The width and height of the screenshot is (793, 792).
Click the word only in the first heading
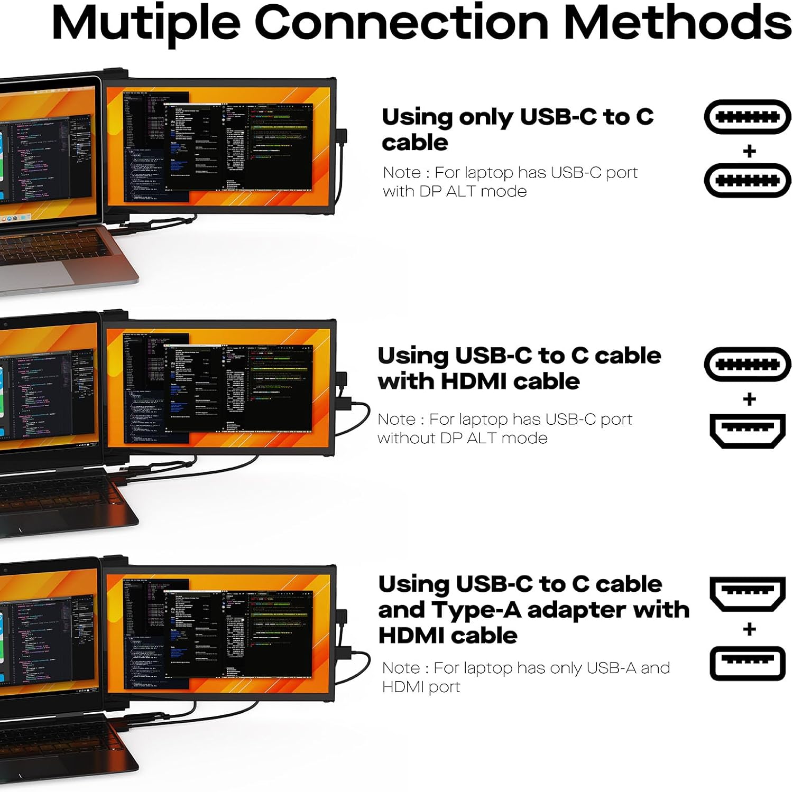tap(486, 117)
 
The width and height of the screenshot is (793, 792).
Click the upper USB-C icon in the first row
tap(747, 117)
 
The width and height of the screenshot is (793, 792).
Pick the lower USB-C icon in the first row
tap(747, 181)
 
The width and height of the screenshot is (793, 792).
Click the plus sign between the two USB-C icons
tap(749, 152)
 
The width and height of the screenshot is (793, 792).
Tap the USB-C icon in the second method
tap(747, 364)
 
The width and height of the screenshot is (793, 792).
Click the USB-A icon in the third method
tap(747, 663)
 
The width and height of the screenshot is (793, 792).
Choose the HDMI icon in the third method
tap(747, 594)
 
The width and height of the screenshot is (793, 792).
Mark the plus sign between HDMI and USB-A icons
tap(749, 629)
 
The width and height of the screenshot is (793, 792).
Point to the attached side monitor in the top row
tap(219, 146)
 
